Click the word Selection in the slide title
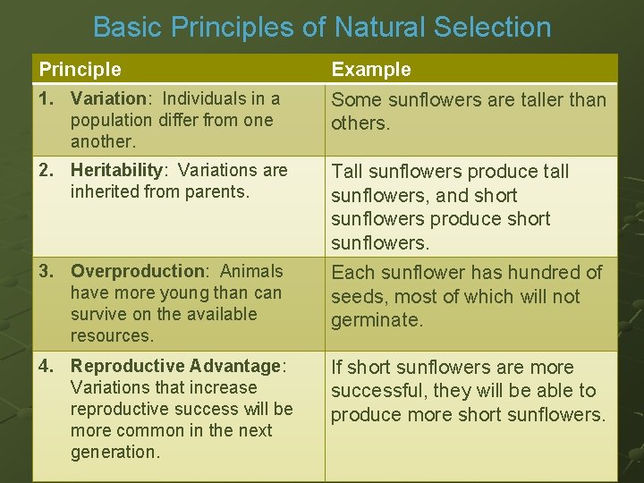coord(492,27)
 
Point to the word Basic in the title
coord(127,27)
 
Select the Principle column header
coord(80,69)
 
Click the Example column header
coord(371,69)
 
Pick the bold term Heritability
coord(117,170)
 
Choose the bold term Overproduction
coord(139,271)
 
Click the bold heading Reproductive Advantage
coord(176,366)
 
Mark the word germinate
coord(377,320)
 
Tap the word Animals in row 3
coord(251,271)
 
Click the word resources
coord(112,335)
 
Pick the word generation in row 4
coord(114,452)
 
